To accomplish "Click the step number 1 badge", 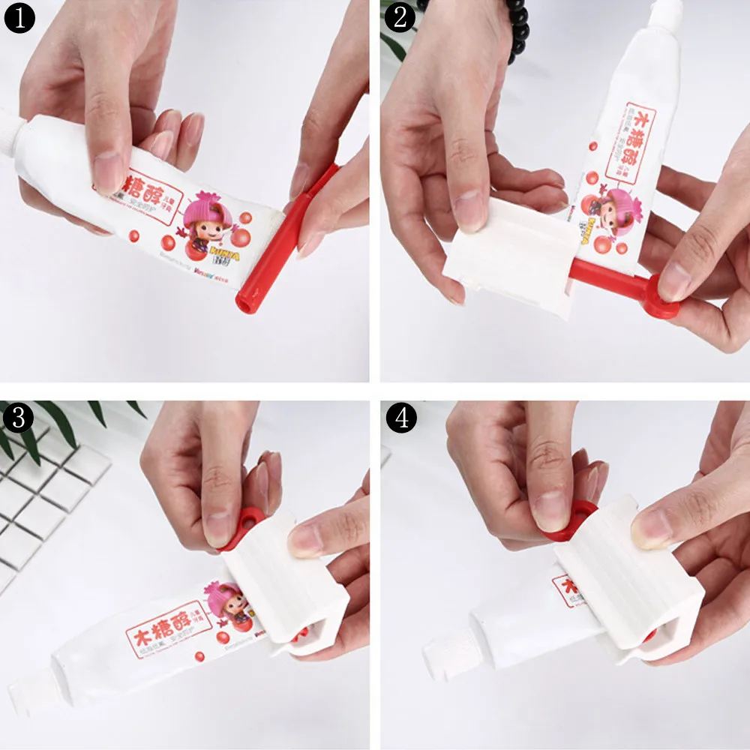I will click(19, 18).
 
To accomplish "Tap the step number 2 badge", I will click(400, 18).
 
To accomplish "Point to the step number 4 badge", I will click(401, 418).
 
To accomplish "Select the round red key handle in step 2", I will click(660, 295).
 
